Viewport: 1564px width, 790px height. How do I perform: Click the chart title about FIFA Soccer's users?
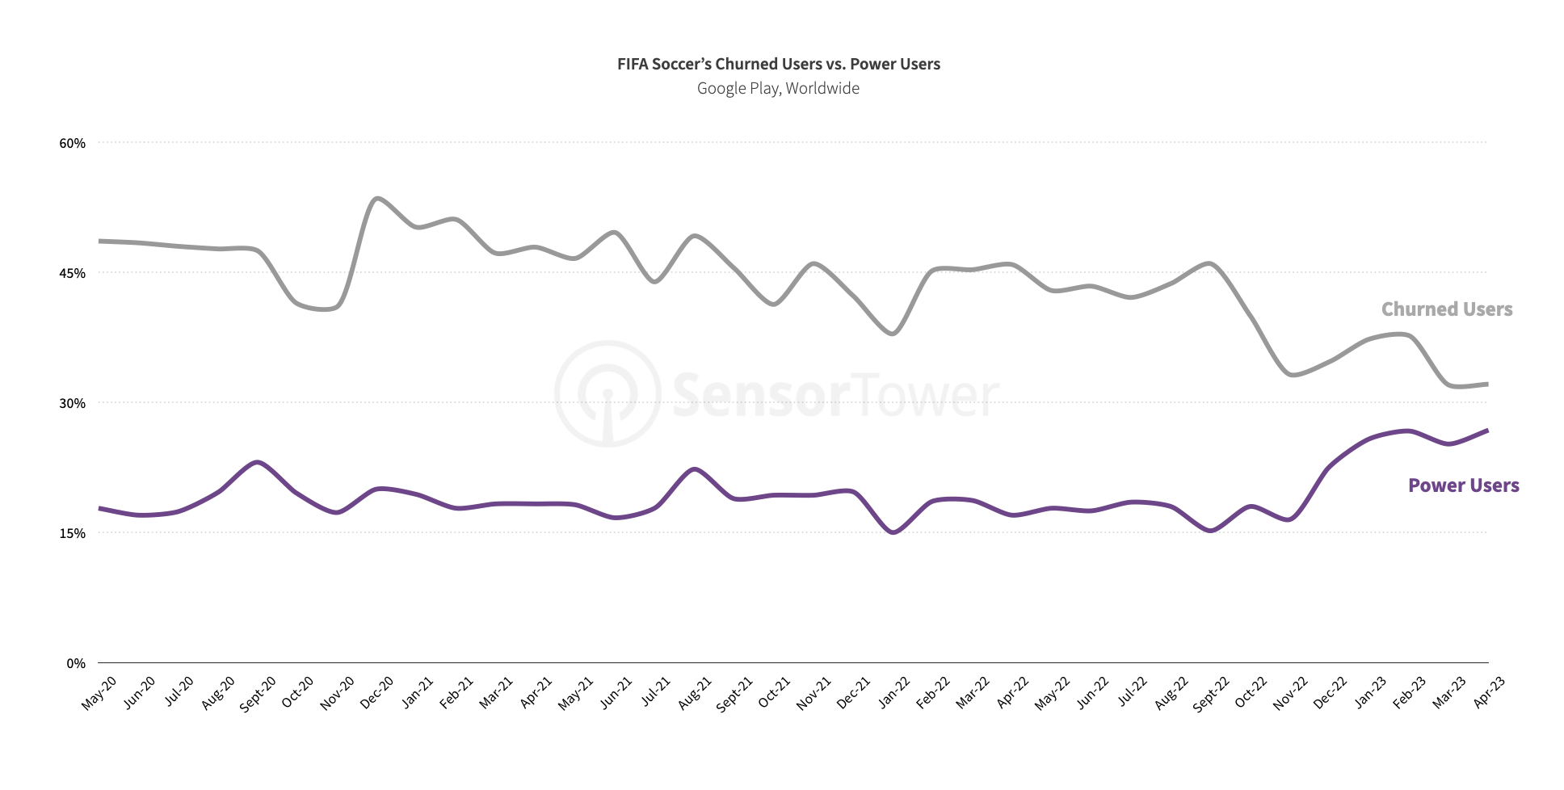point(778,64)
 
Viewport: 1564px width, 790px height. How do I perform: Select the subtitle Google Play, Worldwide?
point(778,88)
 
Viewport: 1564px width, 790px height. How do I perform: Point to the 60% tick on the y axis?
point(72,143)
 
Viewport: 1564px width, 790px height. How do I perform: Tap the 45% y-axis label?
point(72,273)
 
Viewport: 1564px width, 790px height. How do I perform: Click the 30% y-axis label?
point(72,403)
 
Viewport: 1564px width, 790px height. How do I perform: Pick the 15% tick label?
point(72,533)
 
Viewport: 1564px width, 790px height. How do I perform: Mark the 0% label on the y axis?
point(75,663)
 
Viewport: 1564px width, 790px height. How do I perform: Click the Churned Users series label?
point(1446,309)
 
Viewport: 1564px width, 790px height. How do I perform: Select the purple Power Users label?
point(1463,485)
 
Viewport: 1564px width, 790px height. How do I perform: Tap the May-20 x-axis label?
point(99,693)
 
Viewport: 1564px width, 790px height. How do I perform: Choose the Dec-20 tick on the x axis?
point(377,693)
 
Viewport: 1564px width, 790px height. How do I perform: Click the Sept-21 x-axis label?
point(734,694)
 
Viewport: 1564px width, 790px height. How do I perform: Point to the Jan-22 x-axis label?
point(894,693)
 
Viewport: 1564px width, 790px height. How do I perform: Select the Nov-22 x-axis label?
point(1290,693)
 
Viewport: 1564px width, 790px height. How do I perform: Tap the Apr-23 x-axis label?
point(1489,692)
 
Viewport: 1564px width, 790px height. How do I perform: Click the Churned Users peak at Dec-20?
point(377,198)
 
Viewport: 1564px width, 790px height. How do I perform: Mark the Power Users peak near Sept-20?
point(257,462)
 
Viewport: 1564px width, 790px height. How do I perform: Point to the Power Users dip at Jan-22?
point(893,532)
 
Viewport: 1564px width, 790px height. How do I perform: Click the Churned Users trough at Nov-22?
point(1293,375)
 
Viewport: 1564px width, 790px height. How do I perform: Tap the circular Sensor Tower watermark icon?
point(608,393)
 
